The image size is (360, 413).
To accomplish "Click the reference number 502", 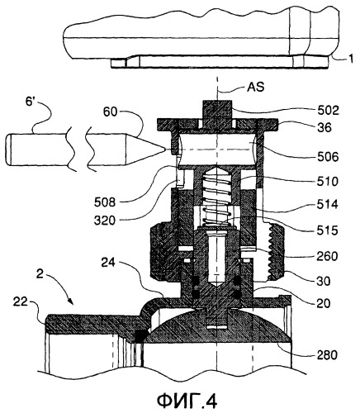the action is tap(327, 112).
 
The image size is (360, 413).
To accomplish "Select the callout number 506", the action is tap(327, 157).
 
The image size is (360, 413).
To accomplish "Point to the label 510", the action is tap(327, 182).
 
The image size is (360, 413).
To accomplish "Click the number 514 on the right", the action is tap(327, 205).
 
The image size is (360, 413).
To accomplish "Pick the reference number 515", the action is tap(327, 230).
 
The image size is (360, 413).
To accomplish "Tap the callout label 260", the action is tap(327, 256).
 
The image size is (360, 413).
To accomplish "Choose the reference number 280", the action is tap(327, 355).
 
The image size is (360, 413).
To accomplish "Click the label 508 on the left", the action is tap(106, 202).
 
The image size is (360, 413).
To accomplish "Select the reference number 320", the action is tap(104, 221).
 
